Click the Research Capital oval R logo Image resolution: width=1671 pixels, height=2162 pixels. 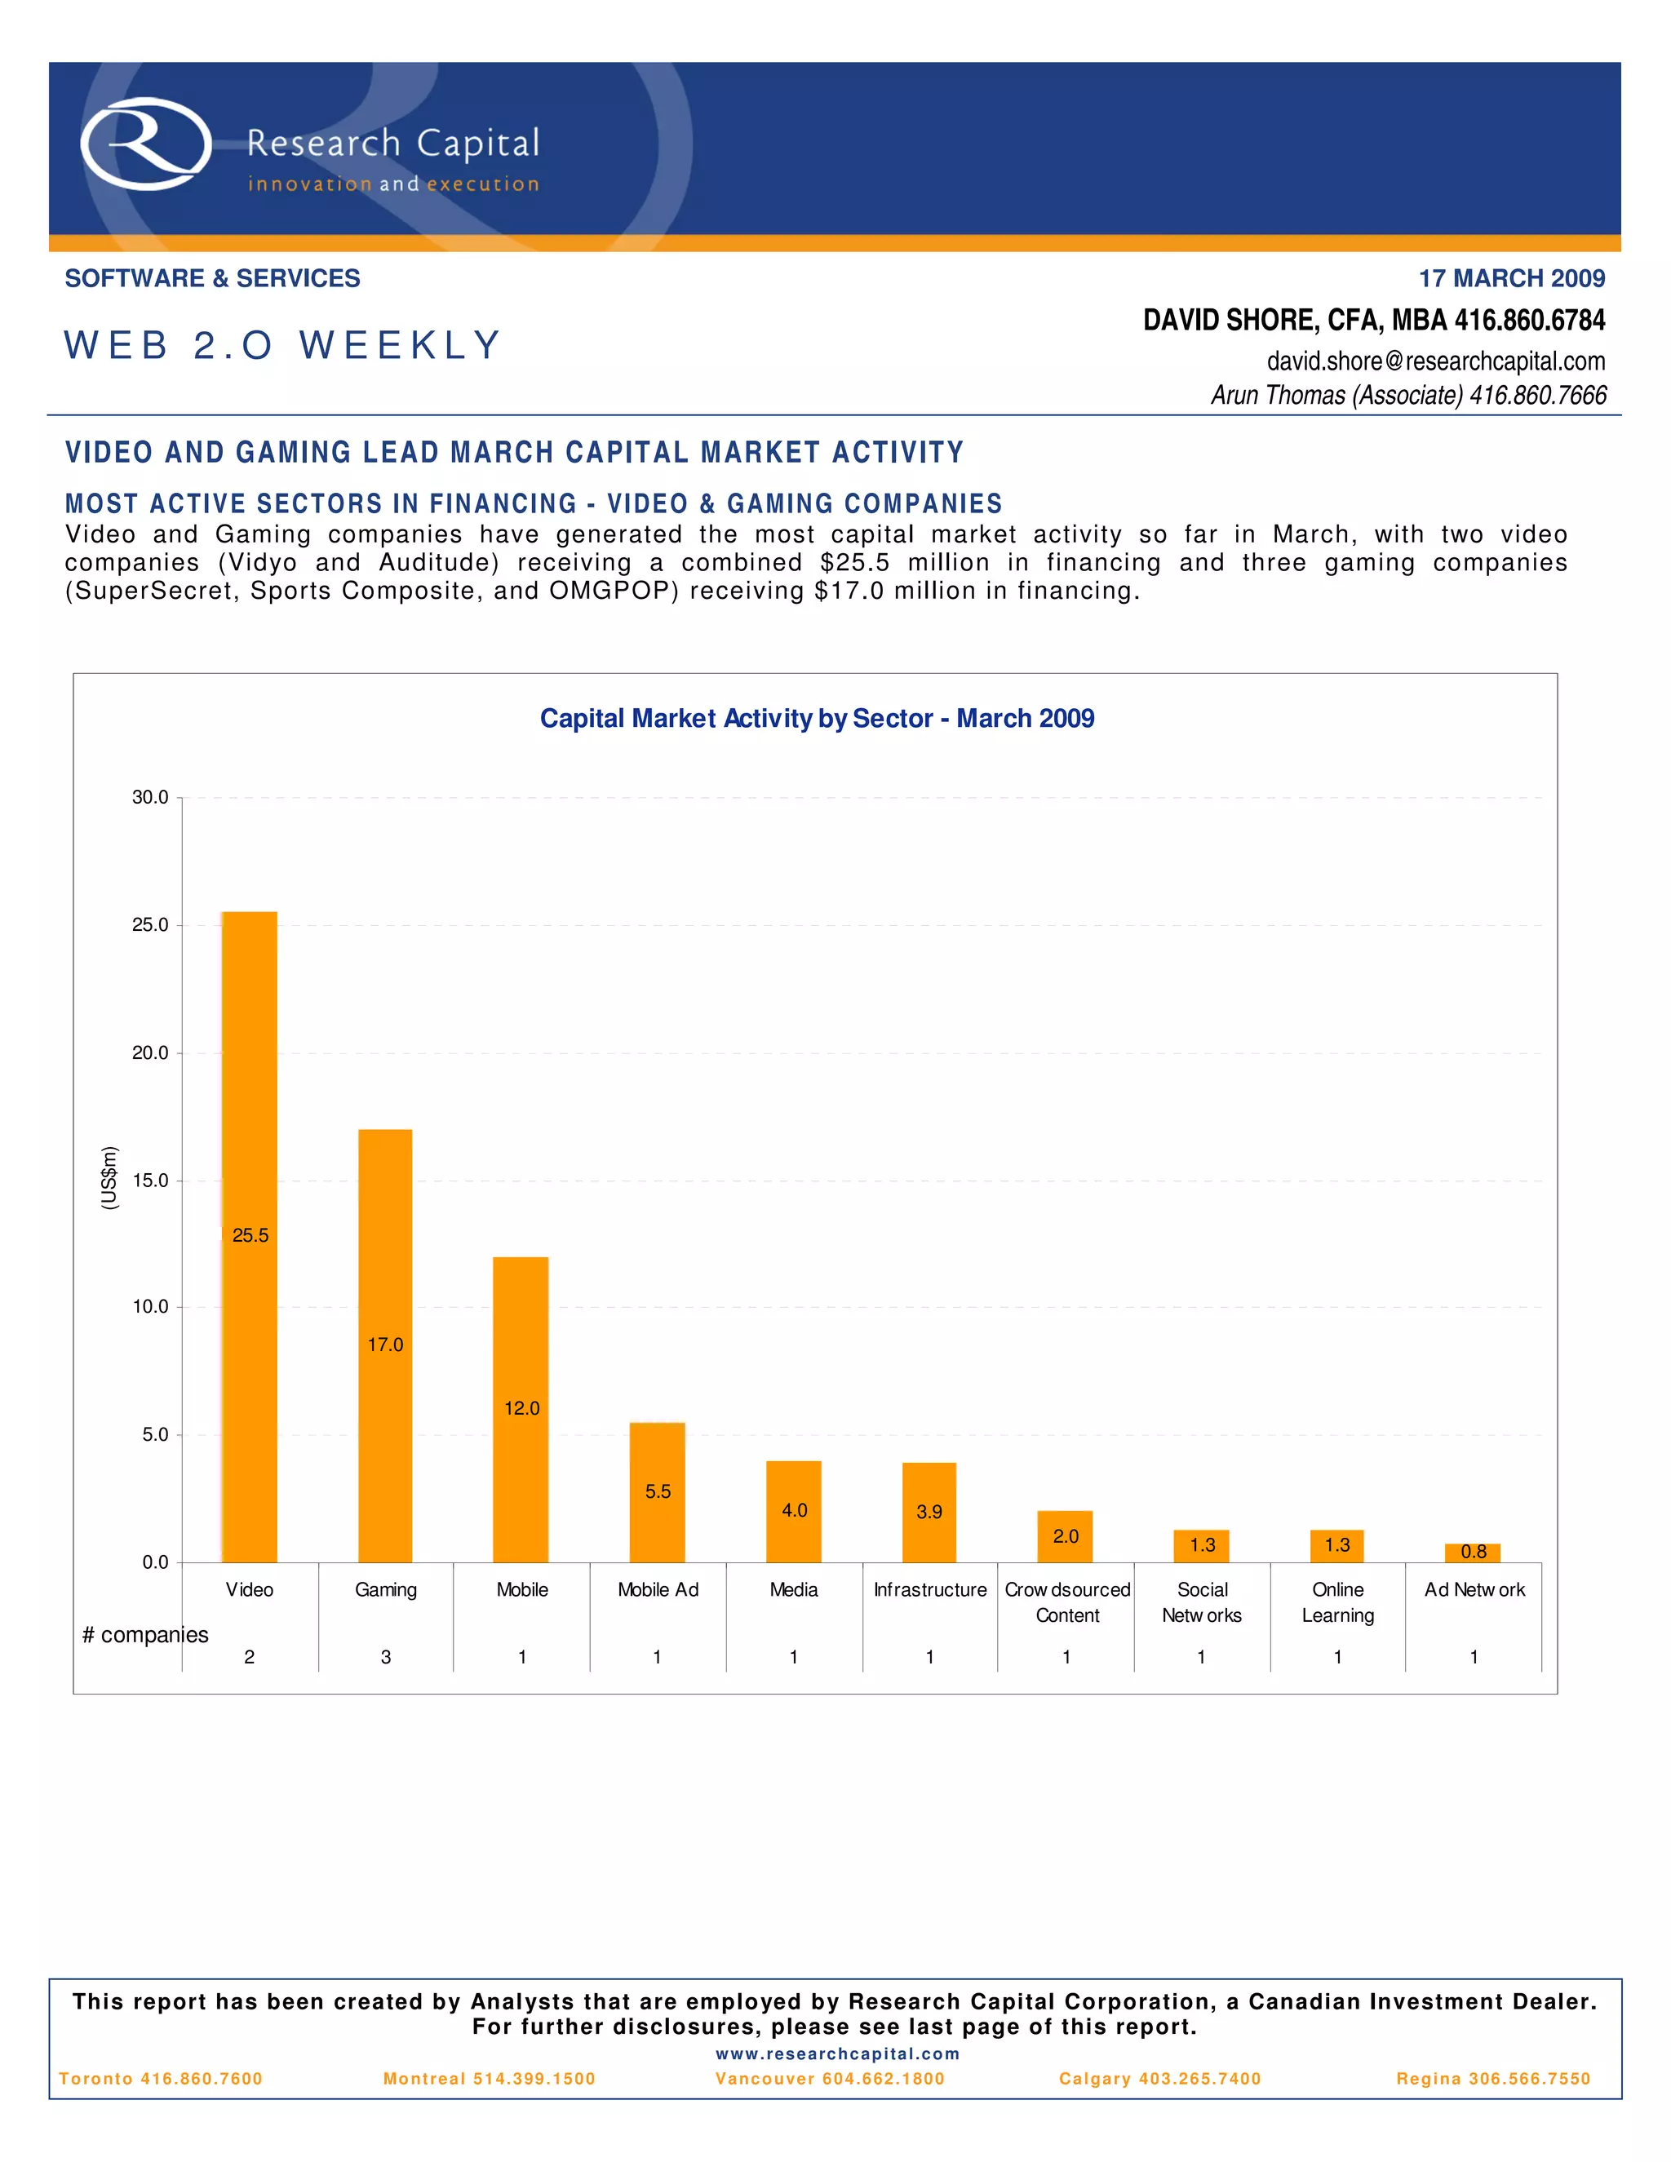(145, 144)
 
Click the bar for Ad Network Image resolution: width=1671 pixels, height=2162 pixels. (1473, 1553)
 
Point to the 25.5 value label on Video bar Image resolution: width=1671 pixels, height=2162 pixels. (250, 1235)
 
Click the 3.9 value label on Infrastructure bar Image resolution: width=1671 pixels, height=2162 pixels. (929, 1512)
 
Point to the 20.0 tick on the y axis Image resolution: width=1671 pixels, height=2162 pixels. (150, 1053)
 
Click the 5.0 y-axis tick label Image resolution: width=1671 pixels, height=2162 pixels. (154, 1434)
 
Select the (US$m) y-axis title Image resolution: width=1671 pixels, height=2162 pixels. (110, 1178)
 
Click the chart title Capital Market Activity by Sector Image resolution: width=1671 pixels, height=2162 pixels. (817, 719)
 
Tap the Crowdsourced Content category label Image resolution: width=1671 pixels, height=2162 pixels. (1067, 1602)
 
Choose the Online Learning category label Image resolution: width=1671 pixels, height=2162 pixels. (1337, 1602)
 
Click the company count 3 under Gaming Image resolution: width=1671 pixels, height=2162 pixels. (386, 1657)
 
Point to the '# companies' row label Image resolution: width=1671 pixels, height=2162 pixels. (145, 1634)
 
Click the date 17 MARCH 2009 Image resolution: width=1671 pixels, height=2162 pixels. (1512, 278)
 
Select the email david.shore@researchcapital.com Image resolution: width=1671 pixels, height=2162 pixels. (1435, 361)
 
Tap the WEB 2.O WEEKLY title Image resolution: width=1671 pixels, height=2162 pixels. (283, 345)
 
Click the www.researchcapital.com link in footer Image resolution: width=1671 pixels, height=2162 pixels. (837, 2054)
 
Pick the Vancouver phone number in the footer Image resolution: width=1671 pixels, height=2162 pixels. (830, 2079)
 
